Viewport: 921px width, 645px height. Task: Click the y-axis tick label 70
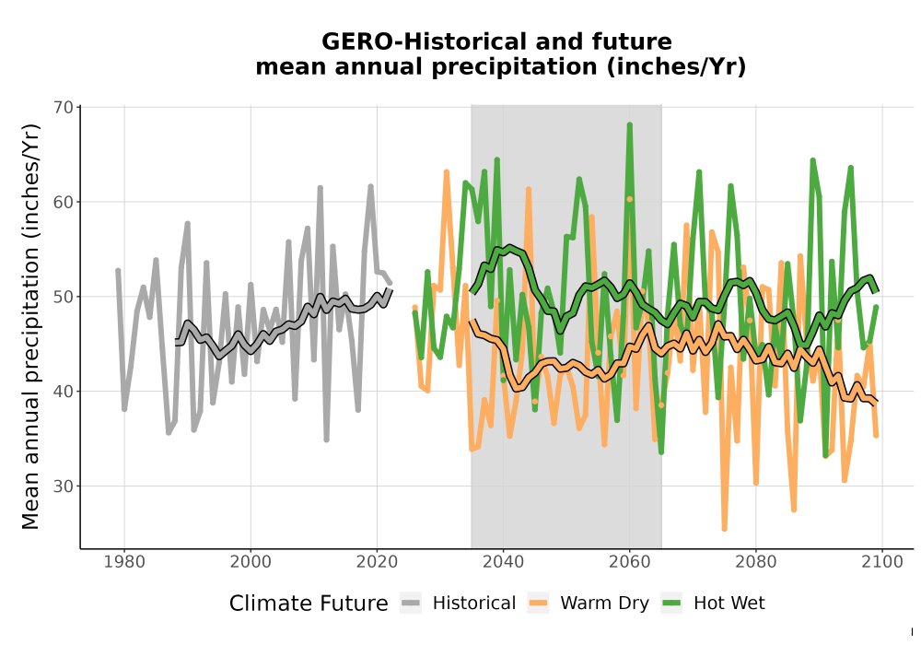pos(63,108)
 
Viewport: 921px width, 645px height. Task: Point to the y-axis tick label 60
pos(63,202)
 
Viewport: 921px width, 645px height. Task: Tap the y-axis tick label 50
pos(63,297)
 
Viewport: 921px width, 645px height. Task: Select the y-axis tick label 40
pos(63,392)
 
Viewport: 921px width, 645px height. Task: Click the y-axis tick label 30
pos(63,487)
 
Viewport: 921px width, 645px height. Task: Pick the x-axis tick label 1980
pos(124,562)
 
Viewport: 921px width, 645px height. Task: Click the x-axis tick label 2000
pos(251,562)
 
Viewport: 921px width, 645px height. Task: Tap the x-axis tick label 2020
pos(377,562)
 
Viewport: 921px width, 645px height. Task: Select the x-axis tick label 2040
pos(504,562)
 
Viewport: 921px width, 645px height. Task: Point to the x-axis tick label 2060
pos(630,562)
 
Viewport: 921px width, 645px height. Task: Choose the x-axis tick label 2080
pos(756,562)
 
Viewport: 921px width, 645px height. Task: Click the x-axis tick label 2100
pos(882,562)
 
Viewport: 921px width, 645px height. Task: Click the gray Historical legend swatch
pos(411,604)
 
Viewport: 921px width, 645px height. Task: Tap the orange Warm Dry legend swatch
pos(538,604)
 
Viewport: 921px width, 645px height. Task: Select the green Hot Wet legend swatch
pos(671,604)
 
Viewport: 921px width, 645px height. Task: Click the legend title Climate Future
pos(309,604)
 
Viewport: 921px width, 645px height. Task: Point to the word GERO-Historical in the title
pos(417,41)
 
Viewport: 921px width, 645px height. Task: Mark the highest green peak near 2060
pos(630,124)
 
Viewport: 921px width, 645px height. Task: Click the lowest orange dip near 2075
pos(724,529)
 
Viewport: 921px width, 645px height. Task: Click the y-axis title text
pos(30,326)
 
